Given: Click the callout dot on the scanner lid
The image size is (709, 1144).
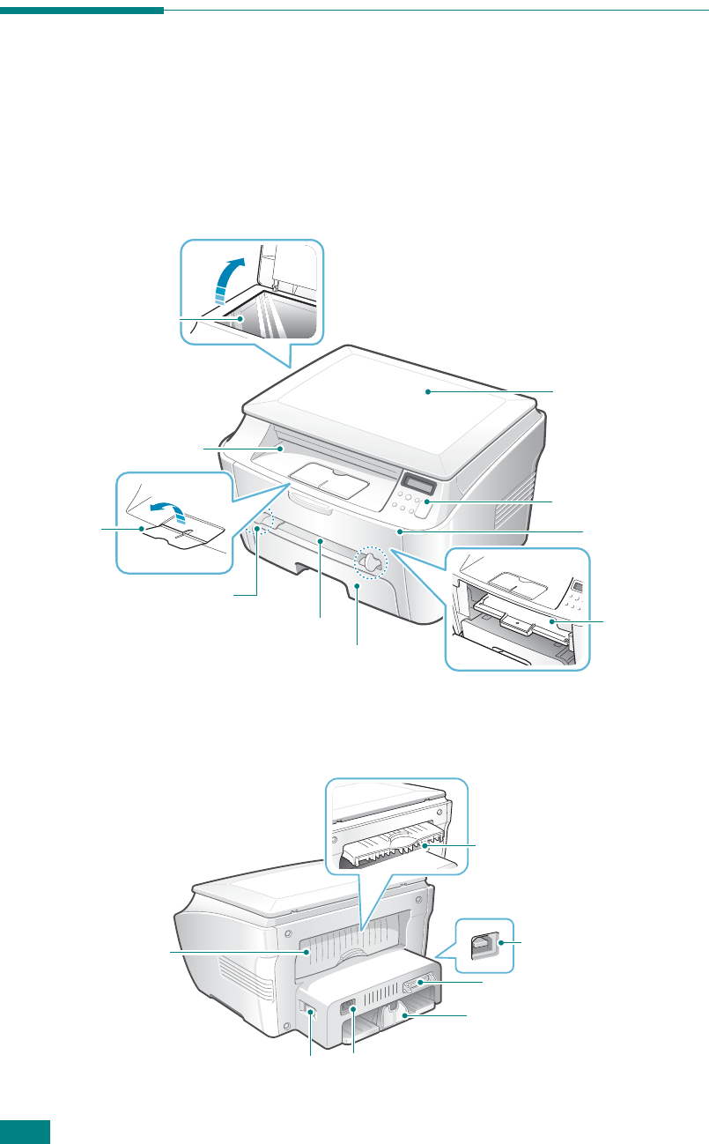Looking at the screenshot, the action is tap(427, 391).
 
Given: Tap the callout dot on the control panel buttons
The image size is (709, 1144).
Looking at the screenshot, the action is tap(427, 502).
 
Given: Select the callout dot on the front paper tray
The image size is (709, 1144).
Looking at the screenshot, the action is tap(357, 583).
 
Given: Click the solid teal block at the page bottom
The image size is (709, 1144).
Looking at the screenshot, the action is tap(26, 1133).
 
